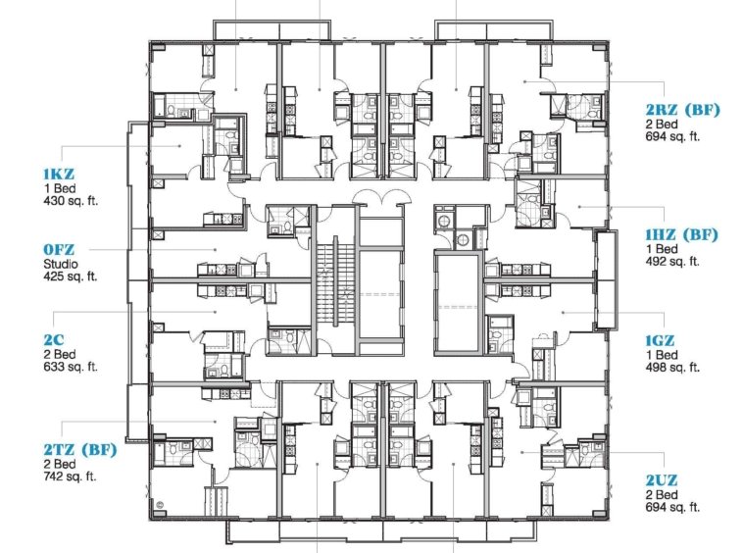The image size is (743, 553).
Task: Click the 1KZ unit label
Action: (x=59, y=174)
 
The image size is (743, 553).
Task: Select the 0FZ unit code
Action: (x=59, y=249)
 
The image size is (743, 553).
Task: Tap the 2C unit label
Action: (x=54, y=340)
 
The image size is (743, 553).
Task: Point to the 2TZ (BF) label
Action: (x=80, y=449)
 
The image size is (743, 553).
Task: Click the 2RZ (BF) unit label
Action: (x=683, y=110)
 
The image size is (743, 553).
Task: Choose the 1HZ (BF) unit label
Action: (x=682, y=234)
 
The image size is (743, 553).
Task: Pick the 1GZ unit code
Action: (x=660, y=340)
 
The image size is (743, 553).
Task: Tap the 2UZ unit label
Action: (x=662, y=480)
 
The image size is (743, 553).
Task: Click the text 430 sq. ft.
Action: (x=71, y=200)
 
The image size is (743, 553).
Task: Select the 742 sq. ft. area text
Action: (x=71, y=477)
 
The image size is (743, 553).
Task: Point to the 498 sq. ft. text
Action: (x=672, y=368)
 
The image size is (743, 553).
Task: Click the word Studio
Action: (x=61, y=264)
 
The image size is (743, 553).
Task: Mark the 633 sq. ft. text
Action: (x=71, y=367)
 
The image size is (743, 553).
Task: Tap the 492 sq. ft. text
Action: (x=672, y=261)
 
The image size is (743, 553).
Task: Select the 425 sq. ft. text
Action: (x=71, y=276)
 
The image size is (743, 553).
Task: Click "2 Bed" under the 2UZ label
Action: (x=662, y=495)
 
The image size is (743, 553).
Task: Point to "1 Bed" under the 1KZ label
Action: (x=59, y=188)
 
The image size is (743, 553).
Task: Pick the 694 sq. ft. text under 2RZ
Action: (x=672, y=136)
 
